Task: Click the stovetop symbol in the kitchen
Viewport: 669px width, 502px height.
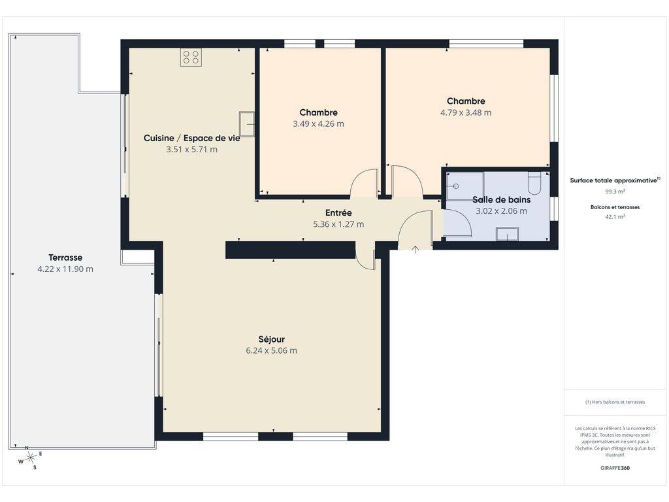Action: (x=191, y=58)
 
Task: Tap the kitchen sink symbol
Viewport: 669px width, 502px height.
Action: (x=246, y=124)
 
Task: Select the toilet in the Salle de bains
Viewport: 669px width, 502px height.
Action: (x=534, y=183)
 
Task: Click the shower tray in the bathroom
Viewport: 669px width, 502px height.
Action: (x=465, y=186)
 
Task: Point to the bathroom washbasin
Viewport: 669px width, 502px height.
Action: (x=507, y=235)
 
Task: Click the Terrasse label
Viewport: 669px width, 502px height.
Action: (x=65, y=258)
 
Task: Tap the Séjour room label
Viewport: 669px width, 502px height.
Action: (x=271, y=339)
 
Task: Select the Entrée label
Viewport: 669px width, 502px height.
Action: (x=338, y=212)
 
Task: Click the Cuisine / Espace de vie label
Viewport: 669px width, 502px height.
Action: (x=191, y=138)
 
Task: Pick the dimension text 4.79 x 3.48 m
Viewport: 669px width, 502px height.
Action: (x=465, y=112)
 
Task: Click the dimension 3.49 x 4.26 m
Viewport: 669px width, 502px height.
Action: (x=318, y=124)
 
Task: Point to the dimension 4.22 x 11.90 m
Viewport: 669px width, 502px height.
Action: (x=65, y=269)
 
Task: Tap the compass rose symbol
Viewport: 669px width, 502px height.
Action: (x=30, y=458)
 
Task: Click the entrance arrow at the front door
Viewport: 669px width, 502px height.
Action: (x=415, y=249)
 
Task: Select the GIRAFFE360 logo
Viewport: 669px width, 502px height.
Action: (x=615, y=468)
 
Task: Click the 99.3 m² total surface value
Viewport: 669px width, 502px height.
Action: (x=615, y=192)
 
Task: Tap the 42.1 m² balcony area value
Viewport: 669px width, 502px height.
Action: (x=615, y=216)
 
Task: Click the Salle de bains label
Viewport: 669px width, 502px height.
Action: (x=501, y=199)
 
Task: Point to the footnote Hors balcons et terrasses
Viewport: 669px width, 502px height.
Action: (x=615, y=402)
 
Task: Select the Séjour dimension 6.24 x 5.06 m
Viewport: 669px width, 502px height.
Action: (x=271, y=350)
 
